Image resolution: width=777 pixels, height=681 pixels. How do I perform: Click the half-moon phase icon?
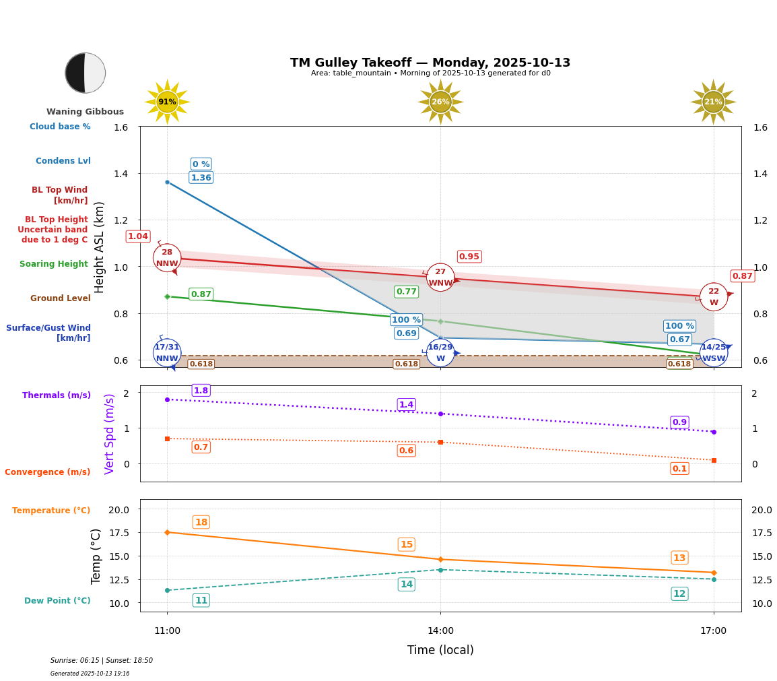click(x=85, y=73)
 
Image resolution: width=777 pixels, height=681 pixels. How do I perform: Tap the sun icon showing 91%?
click(x=167, y=102)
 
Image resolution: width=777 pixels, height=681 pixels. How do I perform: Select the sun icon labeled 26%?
click(x=440, y=102)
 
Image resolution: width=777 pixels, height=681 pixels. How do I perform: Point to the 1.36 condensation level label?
click(x=201, y=178)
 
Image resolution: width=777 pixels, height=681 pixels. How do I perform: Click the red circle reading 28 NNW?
click(x=167, y=258)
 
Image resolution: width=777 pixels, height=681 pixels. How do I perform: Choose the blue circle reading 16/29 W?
click(x=440, y=353)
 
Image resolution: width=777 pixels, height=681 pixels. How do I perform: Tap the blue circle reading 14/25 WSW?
click(x=714, y=353)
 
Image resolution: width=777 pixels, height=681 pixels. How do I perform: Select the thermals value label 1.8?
click(x=201, y=391)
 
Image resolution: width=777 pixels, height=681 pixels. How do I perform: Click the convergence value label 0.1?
click(x=679, y=469)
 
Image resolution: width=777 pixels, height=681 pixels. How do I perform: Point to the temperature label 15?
click(x=407, y=544)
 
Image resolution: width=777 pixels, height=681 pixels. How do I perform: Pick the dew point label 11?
click(x=201, y=600)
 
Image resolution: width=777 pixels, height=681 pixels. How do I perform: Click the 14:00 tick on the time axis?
click(x=440, y=631)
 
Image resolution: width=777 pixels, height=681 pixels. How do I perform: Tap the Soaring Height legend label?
click(x=54, y=264)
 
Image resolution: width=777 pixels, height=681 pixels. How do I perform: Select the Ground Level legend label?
click(x=60, y=298)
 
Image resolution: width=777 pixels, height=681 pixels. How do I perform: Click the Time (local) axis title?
click(x=440, y=650)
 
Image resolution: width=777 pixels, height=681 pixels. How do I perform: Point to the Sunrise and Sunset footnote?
click(x=102, y=661)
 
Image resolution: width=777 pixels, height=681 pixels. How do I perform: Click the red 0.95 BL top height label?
click(x=469, y=257)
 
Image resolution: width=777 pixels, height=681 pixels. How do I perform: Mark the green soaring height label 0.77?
click(x=406, y=292)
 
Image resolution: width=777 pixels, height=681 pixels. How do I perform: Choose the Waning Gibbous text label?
click(x=85, y=112)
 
